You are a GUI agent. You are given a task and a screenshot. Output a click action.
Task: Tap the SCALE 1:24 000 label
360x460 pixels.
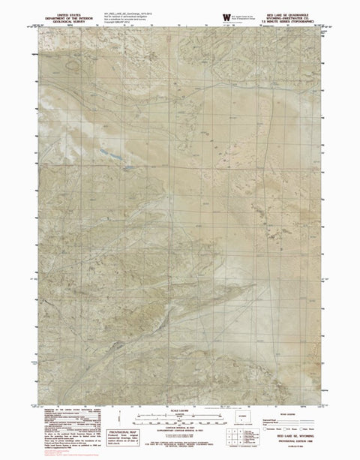click(x=180, y=409)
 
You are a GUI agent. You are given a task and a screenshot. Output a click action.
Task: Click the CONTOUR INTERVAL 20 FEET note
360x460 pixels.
click(x=180, y=429)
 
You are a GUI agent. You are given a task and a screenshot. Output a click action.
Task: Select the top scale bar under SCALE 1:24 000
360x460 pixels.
click(x=180, y=414)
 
